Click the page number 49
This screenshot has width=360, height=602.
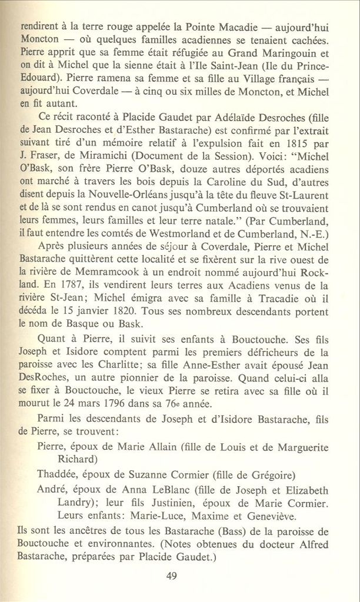pyautogui.click(x=172, y=576)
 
